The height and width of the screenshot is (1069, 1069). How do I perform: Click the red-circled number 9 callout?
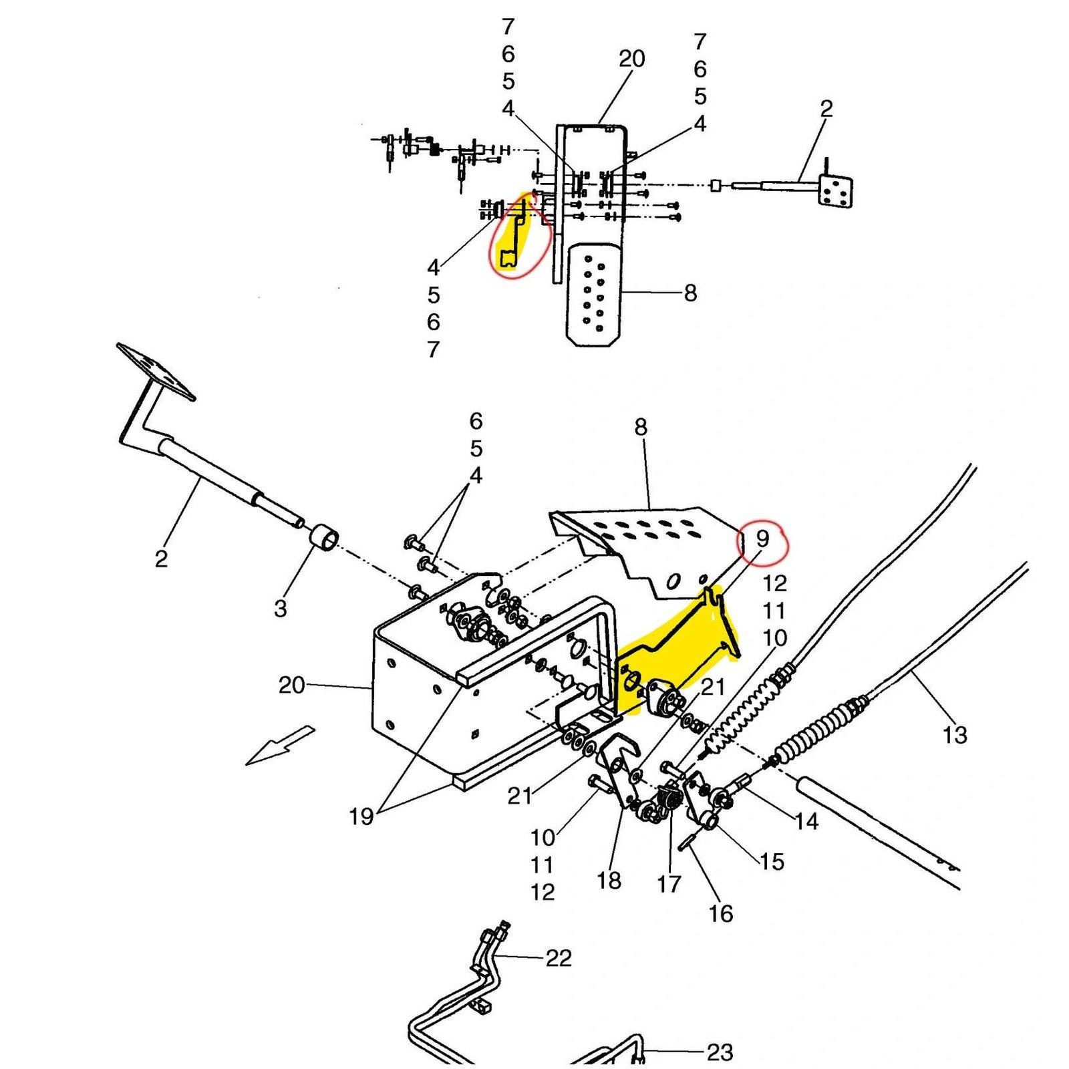point(762,539)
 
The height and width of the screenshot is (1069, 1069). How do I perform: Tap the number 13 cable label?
point(955,735)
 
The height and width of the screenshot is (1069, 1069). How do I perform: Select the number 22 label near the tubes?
point(559,958)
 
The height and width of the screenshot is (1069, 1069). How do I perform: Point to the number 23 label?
point(720,1052)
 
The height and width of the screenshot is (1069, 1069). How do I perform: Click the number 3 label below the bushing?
point(281,608)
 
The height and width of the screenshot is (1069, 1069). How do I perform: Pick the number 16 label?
point(721,913)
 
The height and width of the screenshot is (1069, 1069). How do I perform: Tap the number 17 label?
point(669,884)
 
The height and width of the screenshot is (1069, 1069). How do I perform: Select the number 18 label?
point(609,881)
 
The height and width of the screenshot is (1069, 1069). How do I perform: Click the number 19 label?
point(361,816)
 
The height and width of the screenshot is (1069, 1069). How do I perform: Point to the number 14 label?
point(806,821)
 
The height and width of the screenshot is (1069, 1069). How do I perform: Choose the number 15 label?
point(772,861)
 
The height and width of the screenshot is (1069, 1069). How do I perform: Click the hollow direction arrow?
point(281,745)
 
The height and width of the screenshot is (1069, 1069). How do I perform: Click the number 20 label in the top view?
point(631,59)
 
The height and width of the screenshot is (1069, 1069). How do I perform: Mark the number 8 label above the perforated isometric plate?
point(641,427)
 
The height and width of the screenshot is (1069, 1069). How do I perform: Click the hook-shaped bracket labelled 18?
point(618,768)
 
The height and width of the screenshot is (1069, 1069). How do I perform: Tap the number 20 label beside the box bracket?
point(292,685)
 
